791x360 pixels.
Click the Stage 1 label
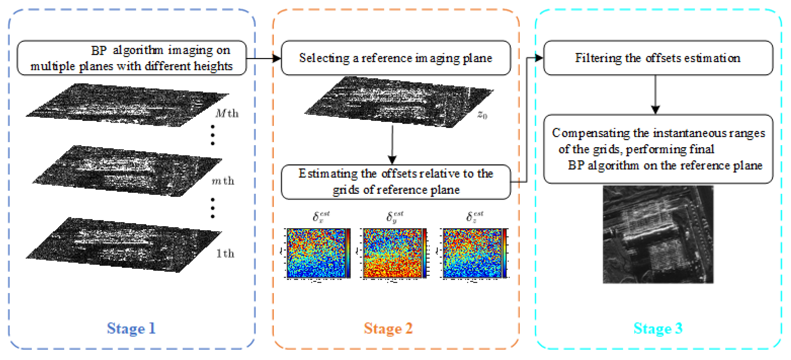(131, 328)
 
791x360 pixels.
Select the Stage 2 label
(388, 328)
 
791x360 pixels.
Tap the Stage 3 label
(658, 328)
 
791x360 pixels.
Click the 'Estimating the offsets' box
(396, 182)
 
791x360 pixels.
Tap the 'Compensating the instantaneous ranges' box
(658, 149)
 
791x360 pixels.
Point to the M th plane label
(227, 114)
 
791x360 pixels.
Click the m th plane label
(223, 181)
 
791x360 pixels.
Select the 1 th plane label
(225, 254)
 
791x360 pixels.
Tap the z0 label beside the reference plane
(482, 115)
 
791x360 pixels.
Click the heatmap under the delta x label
(316, 253)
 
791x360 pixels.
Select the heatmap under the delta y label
(392, 253)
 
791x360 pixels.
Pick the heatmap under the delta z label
(472, 253)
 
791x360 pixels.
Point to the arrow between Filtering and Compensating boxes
(655, 95)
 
